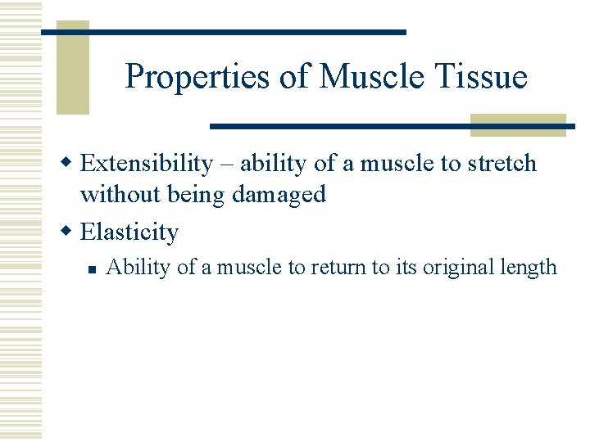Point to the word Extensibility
(146, 164)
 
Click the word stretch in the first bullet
(501, 164)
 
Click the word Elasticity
(129, 232)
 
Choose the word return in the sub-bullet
(331, 268)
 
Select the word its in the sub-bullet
(404, 268)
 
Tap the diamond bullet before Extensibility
(70, 163)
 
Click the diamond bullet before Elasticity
(70, 232)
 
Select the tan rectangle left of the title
(72, 70)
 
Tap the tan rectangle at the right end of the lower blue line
(518, 125)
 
